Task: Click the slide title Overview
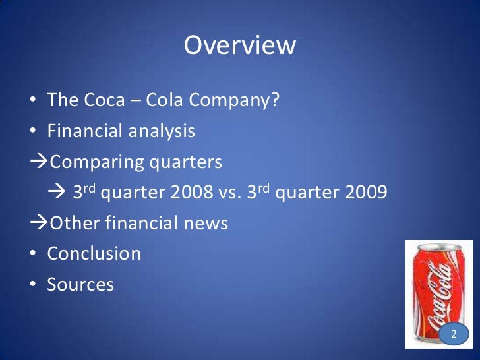pyautogui.click(x=240, y=46)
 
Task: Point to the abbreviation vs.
pyautogui.click(x=228, y=194)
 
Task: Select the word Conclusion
pyautogui.click(x=94, y=254)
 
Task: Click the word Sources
pyautogui.click(x=80, y=285)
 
